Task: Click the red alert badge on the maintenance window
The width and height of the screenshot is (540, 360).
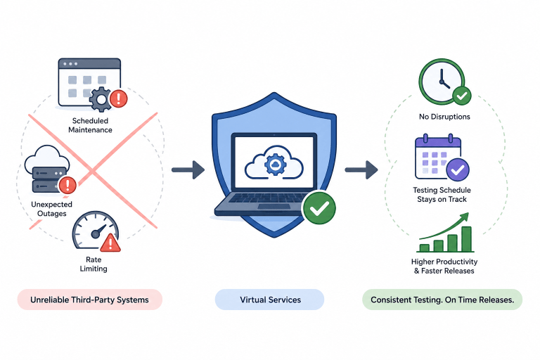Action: click(x=118, y=98)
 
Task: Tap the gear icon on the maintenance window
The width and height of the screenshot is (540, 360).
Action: click(x=101, y=99)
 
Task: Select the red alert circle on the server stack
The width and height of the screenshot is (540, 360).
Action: click(x=67, y=185)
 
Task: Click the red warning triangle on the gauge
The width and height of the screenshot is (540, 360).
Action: click(x=110, y=243)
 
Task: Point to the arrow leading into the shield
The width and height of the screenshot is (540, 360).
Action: click(x=188, y=169)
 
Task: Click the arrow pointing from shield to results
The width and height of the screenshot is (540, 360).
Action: click(x=361, y=169)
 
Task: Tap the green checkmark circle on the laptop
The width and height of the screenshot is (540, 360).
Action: click(x=319, y=208)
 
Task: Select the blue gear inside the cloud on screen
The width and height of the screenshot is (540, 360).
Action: click(x=274, y=165)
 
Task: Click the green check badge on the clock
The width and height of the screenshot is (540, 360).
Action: click(x=462, y=96)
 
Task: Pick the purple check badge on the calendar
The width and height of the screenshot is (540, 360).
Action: click(x=458, y=169)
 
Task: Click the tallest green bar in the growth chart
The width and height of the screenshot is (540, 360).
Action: click(x=466, y=239)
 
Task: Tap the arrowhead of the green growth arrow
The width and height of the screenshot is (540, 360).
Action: click(x=465, y=217)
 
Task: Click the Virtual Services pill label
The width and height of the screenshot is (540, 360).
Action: click(x=270, y=300)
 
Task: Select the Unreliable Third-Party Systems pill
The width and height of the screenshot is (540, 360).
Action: click(x=90, y=300)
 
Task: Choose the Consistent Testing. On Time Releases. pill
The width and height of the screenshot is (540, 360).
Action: click(x=442, y=300)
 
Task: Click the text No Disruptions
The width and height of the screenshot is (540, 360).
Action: click(x=444, y=117)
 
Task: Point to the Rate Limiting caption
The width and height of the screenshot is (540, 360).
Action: click(x=94, y=264)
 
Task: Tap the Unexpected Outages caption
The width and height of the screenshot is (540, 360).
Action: click(x=51, y=209)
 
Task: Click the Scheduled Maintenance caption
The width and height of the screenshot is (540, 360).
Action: click(x=90, y=125)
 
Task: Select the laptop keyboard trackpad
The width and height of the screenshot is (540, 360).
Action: click(x=269, y=207)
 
